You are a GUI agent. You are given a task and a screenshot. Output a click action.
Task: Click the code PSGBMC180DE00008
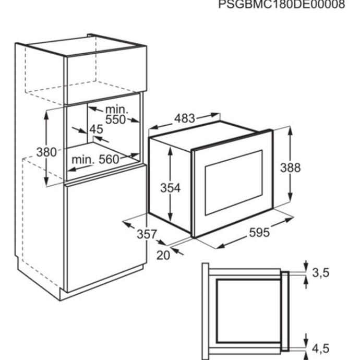click(282, 4)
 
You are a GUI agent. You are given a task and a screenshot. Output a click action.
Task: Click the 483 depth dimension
click(185, 118)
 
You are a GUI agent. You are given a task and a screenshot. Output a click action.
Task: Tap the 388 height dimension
click(290, 167)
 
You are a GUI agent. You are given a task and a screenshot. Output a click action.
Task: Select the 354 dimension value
click(171, 188)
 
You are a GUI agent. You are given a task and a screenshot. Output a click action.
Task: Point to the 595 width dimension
click(259, 232)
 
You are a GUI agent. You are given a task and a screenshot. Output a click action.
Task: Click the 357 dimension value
click(147, 234)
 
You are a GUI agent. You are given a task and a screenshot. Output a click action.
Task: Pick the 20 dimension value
click(163, 255)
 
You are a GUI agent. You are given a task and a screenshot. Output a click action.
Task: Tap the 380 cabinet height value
click(46, 152)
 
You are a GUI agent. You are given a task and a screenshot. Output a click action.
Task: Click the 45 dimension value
click(96, 129)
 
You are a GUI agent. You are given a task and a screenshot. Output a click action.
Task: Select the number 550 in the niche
click(115, 119)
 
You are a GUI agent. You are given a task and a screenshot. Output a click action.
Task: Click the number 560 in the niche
click(109, 159)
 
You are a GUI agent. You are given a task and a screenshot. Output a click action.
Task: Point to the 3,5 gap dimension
click(321, 272)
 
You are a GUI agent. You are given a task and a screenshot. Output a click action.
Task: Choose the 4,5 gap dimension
click(321, 349)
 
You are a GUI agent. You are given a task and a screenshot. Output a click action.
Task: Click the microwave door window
click(234, 183)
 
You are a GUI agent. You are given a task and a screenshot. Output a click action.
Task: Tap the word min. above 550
click(116, 110)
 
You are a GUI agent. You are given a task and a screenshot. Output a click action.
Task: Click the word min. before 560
click(83, 160)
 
